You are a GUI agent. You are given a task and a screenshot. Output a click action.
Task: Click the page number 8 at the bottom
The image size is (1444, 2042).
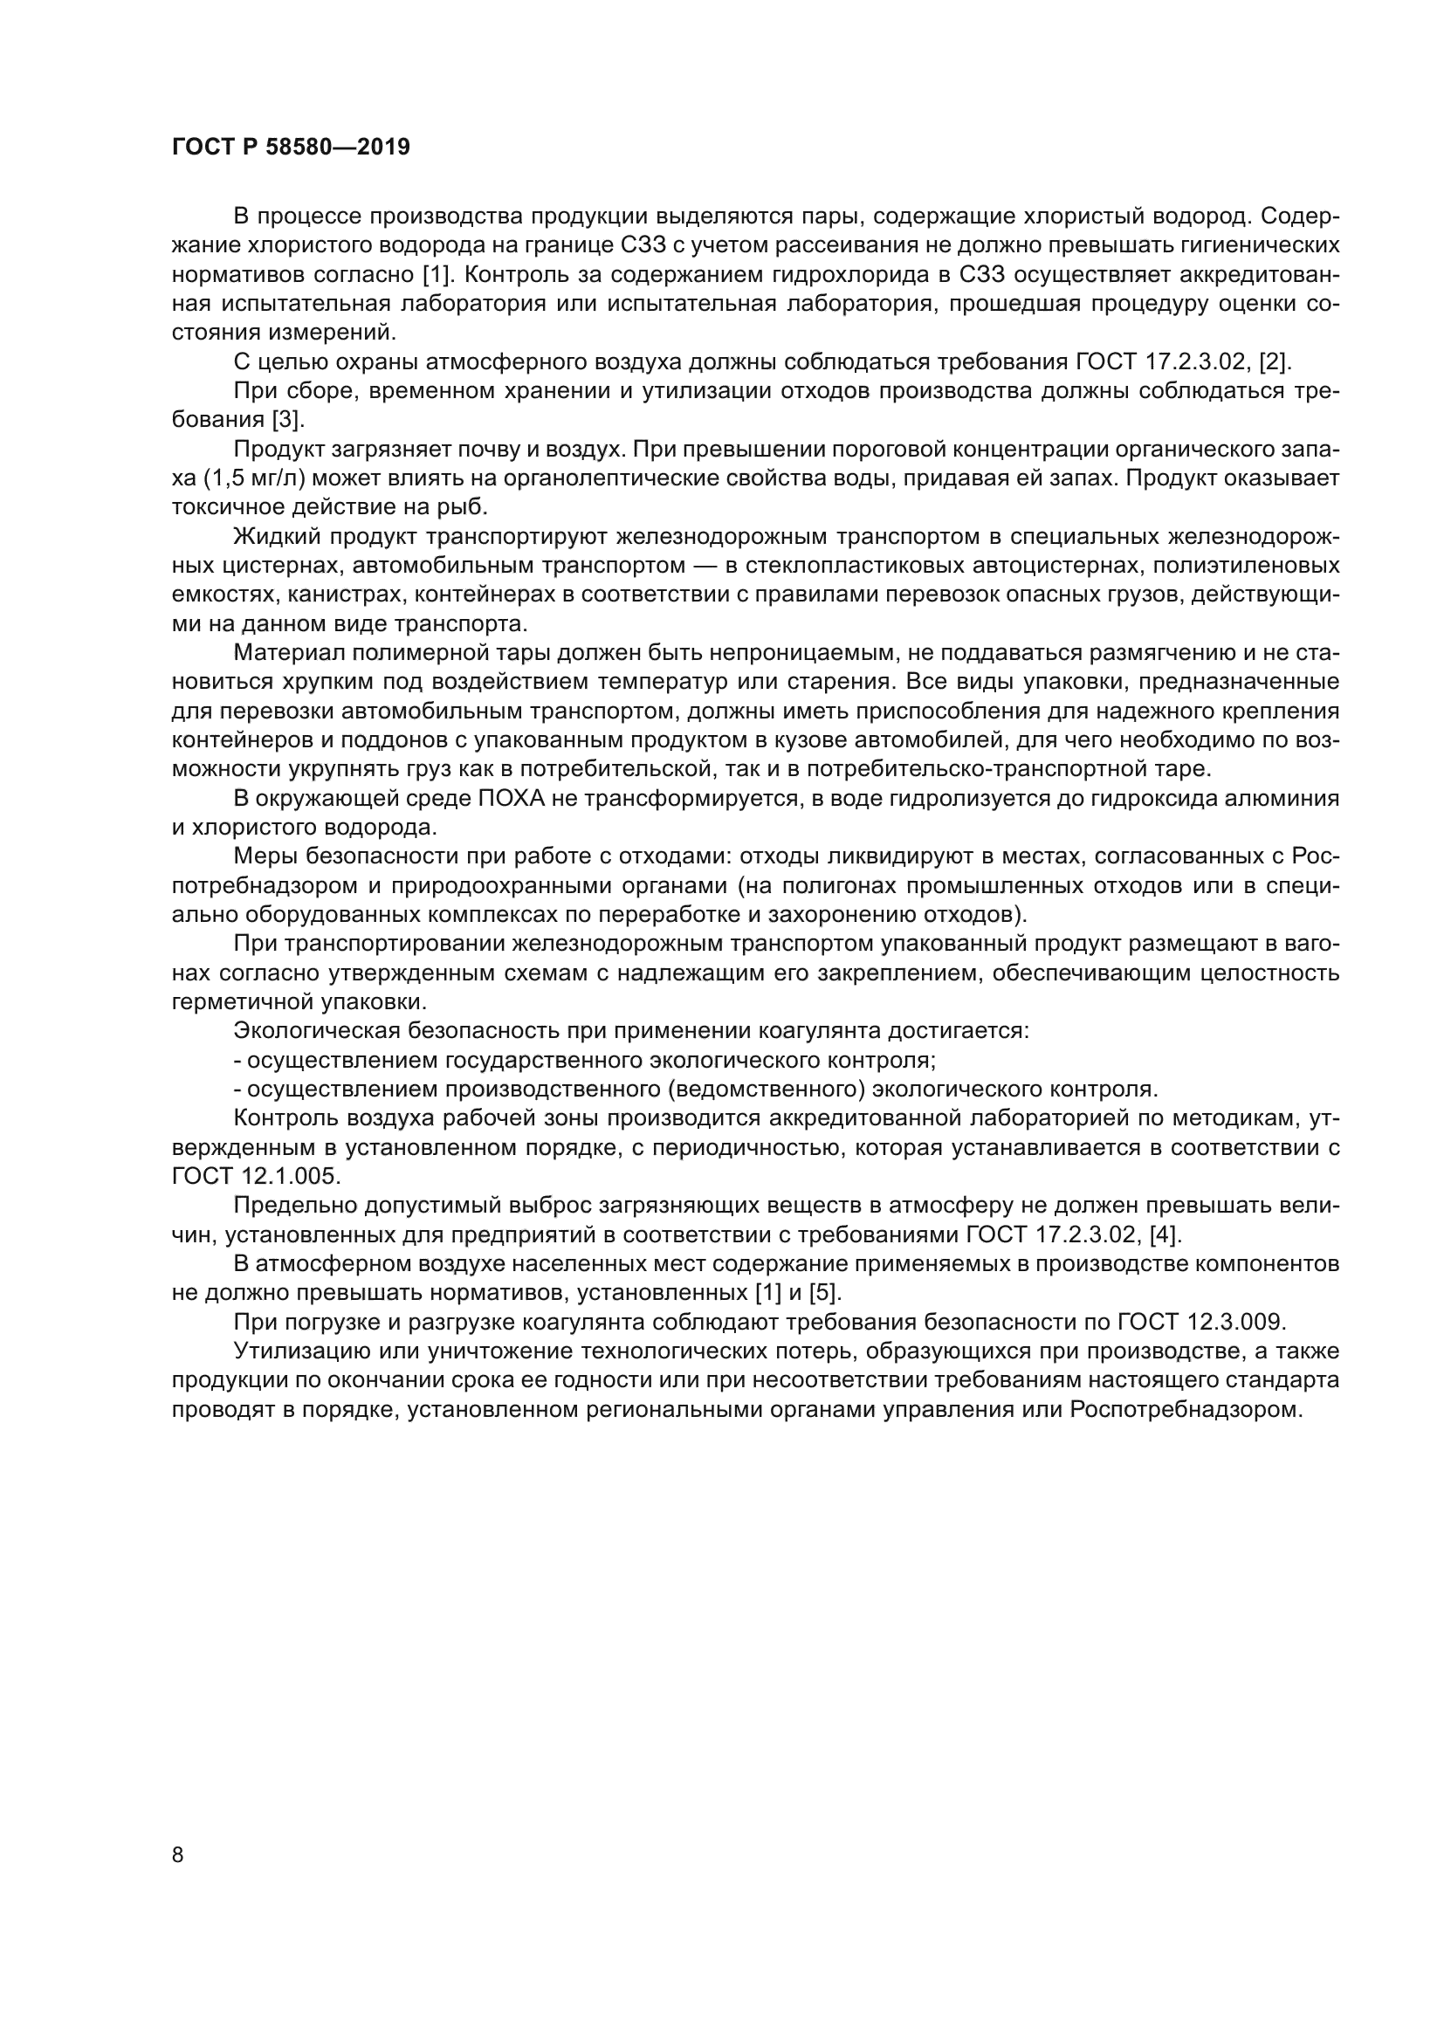coord(178,1854)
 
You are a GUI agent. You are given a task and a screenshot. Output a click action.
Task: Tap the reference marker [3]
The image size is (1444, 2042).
coord(288,420)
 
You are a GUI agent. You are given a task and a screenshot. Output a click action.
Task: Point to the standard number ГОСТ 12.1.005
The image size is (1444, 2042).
coord(256,1177)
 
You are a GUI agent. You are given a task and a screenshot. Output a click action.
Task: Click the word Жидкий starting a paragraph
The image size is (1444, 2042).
coord(277,536)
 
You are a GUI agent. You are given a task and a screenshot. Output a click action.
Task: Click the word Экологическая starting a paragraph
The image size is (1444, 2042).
coord(315,1031)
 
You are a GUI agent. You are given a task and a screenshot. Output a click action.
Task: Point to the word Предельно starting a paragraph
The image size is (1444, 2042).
coord(288,1205)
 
